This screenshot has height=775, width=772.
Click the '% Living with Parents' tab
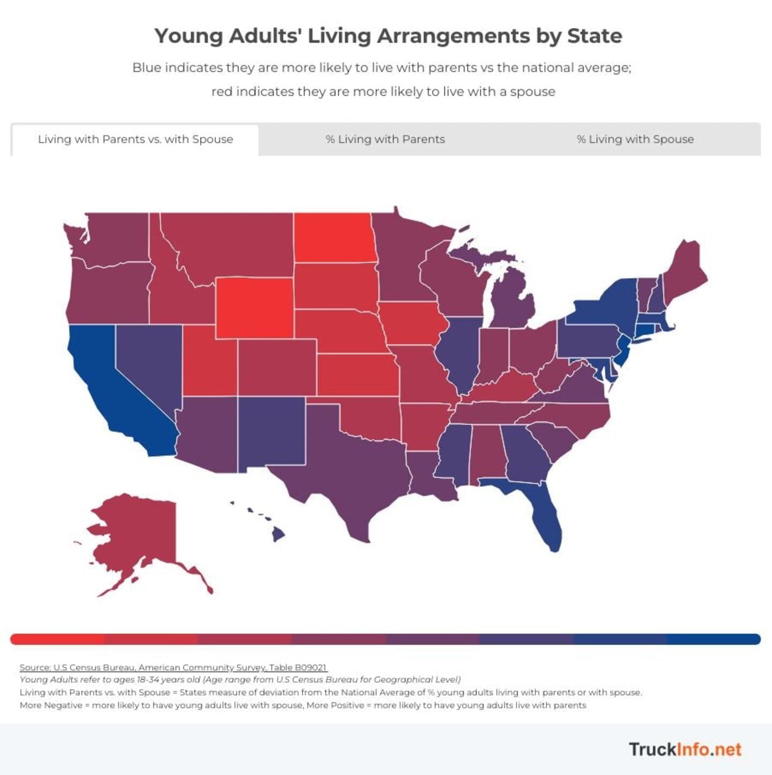[385, 139]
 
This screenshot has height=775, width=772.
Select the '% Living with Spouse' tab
[635, 139]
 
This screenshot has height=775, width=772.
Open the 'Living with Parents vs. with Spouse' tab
[135, 139]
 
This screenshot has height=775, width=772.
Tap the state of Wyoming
[255, 308]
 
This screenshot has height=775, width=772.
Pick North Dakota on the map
[332, 238]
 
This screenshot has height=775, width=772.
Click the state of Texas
[348, 472]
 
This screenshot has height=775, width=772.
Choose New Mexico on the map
[271, 432]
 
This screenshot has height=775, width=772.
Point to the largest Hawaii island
[278, 534]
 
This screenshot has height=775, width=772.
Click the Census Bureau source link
[173, 667]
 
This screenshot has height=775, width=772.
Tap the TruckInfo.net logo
[685, 749]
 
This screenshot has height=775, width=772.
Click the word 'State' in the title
[595, 36]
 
